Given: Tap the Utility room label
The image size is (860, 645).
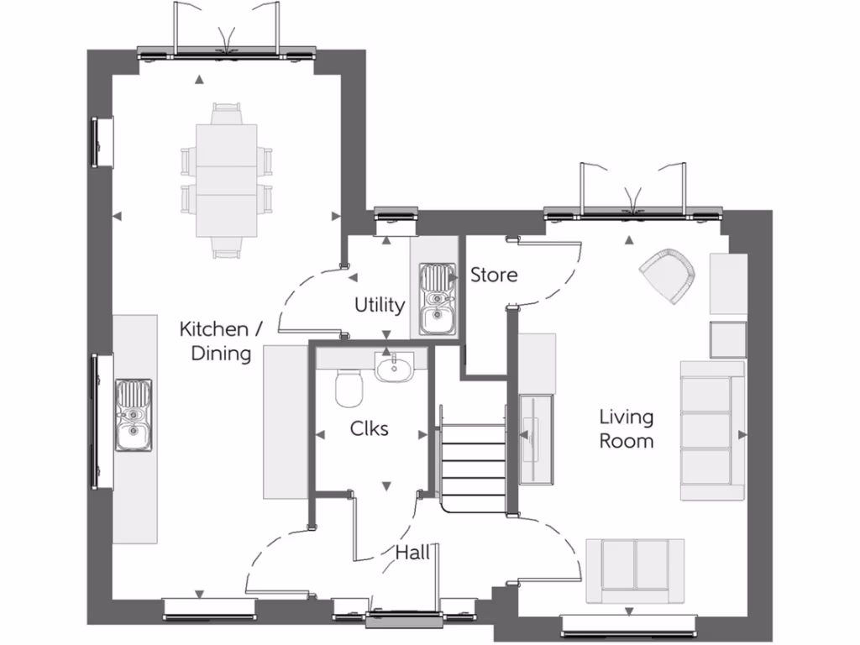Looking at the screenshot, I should coord(380,305).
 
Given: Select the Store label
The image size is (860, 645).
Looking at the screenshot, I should coord(494,275).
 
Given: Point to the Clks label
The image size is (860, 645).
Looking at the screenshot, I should coord(370,428).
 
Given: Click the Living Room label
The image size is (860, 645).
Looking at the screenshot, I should coord(627,428).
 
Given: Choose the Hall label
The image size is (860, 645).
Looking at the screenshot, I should coord(412,552).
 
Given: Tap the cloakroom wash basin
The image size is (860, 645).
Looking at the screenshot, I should coord(394,367).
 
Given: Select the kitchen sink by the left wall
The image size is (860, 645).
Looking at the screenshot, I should coord(134,413).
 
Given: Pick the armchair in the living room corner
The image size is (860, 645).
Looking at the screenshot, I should coord(669,274).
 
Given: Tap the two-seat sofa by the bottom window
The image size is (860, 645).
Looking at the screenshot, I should coord(635,570).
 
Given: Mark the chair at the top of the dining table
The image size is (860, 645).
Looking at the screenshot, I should coord(226,113).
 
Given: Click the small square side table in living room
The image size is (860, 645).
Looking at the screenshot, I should coord(728,339).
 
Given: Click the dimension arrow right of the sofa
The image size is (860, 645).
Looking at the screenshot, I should coord(742,434).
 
